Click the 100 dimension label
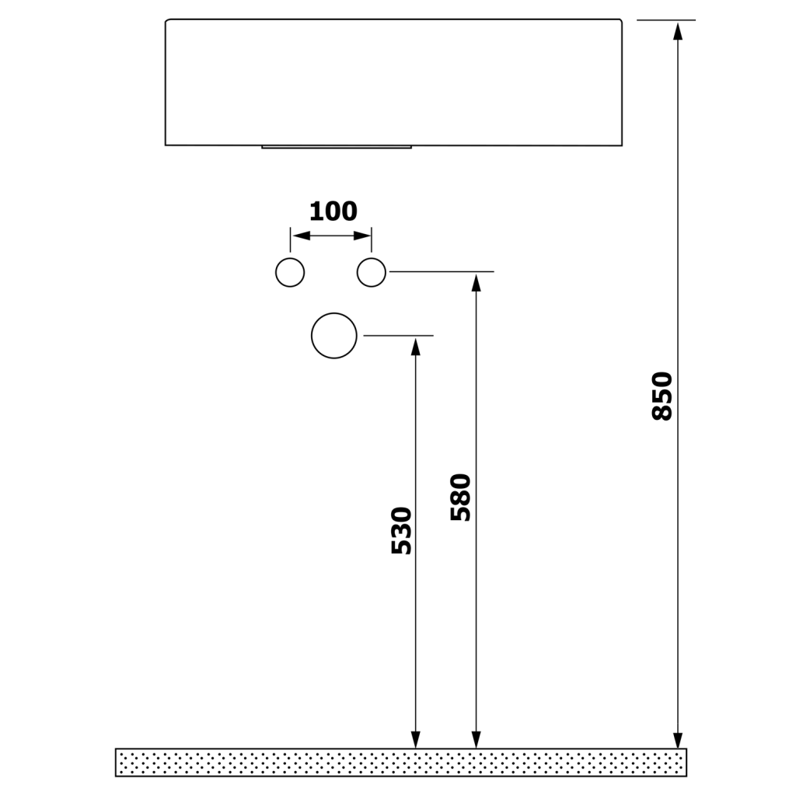click(x=333, y=211)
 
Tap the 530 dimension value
click(x=402, y=530)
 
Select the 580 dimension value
click(x=461, y=497)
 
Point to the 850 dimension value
click(x=662, y=396)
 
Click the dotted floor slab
click(x=401, y=763)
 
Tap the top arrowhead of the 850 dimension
click(x=677, y=30)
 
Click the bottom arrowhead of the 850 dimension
click(x=677, y=740)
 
